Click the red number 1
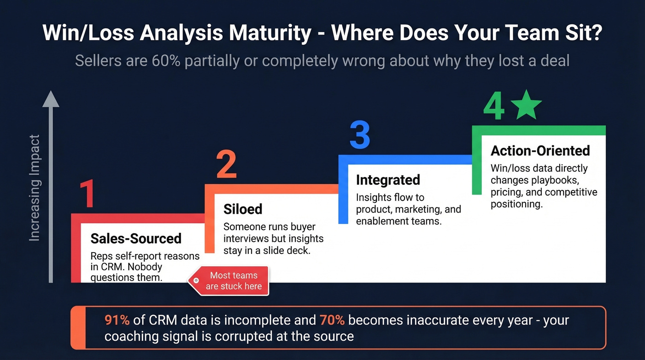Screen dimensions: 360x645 tap(87, 194)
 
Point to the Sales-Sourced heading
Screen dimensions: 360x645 tap(136, 238)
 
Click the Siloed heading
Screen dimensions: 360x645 tap(243, 209)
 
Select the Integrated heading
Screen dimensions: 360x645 tap(388, 180)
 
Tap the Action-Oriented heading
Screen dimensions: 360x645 tap(540, 151)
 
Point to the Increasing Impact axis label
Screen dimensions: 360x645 tap(35, 188)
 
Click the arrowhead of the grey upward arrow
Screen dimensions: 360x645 tap(51, 99)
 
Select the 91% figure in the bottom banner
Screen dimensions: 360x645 tap(117, 320)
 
